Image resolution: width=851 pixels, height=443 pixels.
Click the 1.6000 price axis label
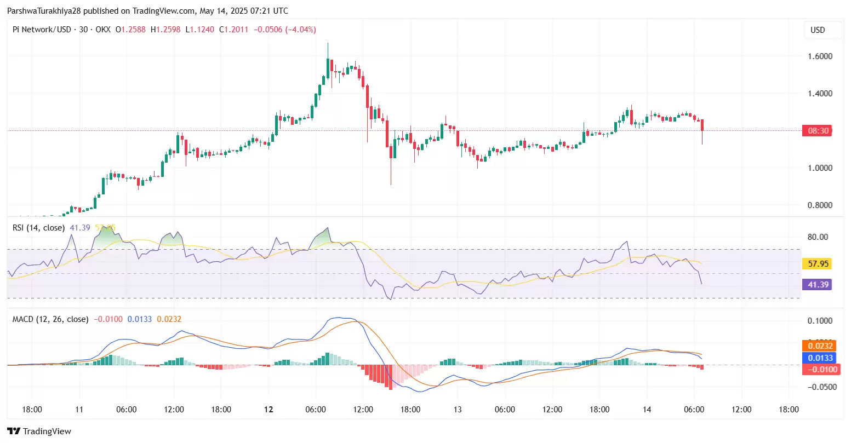tap(820, 56)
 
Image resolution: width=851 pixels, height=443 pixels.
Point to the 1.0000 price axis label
tap(820, 168)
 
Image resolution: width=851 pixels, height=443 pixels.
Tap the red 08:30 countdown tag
tap(818, 131)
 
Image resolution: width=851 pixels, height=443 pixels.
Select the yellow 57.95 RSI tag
tap(818, 264)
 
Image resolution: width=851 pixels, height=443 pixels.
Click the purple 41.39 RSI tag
tap(818, 285)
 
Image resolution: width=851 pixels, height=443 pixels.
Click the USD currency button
tap(818, 30)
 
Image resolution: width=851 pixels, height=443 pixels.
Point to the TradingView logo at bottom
tap(39, 432)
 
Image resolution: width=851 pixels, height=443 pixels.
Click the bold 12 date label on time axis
tap(269, 410)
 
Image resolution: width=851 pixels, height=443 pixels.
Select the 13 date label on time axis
tap(458, 410)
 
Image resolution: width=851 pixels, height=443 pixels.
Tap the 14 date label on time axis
tap(647, 410)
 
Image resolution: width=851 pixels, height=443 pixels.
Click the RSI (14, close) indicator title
tap(38, 228)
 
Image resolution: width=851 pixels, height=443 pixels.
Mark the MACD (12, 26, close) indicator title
tap(50, 319)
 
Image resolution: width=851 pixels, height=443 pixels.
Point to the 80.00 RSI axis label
tap(818, 237)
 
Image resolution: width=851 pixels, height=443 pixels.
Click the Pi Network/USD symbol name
tap(42, 30)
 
